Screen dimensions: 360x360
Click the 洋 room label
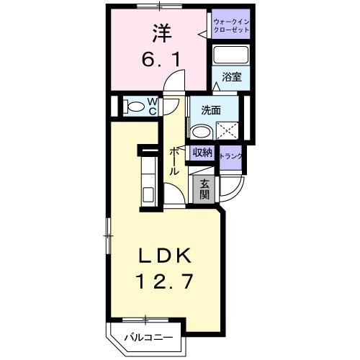pos(160,32)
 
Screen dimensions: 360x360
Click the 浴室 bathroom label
pos(231,75)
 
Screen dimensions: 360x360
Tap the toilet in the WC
pos(134,107)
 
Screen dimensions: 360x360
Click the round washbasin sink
pos(201,132)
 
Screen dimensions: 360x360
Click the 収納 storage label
pos(202,153)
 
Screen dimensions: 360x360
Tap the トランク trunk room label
pos(232,155)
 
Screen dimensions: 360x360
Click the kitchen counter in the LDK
pos(147,180)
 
